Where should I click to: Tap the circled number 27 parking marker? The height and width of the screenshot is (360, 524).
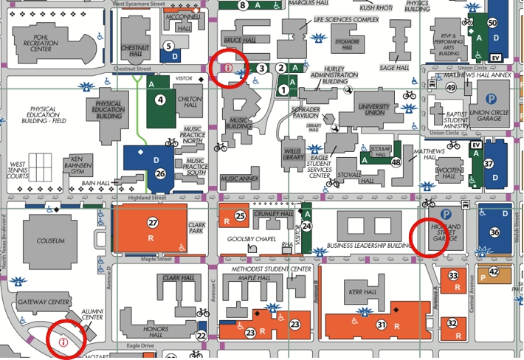(x=153, y=223)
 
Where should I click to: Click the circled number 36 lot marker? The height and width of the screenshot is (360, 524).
(x=494, y=232)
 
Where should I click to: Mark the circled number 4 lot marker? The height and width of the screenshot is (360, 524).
(x=160, y=100)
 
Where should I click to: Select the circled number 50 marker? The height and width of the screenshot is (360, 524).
(x=492, y=23)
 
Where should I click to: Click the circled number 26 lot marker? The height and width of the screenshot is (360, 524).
(x=160, y=174)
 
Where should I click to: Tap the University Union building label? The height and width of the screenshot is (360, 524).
(x=373, y=111)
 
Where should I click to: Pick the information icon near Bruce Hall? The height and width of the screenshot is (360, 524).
(x=228, y=68)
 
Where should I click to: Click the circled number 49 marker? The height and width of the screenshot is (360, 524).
(x=451, y=88)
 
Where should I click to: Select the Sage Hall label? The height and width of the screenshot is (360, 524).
(x=394, y=68)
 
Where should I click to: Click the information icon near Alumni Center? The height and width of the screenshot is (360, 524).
(x=63, y=342)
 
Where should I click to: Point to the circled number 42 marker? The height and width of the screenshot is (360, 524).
(x=494, y=272)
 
